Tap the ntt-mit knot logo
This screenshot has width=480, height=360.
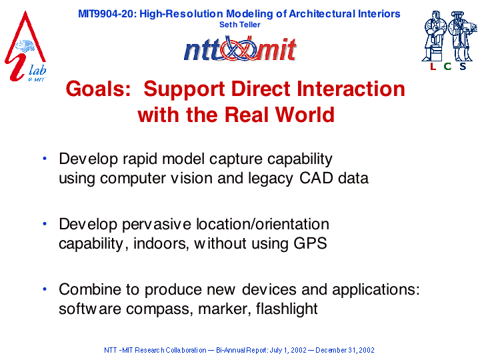pyautogui.click(x=240, y=49)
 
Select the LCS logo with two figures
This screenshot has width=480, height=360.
pyautogui.click(x=449, y=41)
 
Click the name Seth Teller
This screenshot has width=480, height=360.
pyautogui.click(x=240, y=25)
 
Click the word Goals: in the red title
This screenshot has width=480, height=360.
pyautogui.click(x=98, y=89)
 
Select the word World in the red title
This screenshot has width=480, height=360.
pyautogui.click(x=305, y=115)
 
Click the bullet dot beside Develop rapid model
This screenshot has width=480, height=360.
pyautogui.click(x=45, y=159)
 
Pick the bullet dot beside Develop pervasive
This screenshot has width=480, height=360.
pyautogui.click(x=45, y=224)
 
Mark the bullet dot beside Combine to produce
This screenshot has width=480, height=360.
pyautogui.click(x=45, y=289)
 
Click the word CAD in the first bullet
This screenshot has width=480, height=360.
pyautogui.click(x=316, y=178)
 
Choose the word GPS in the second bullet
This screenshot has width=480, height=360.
pyautogui.click(x=310, y=243)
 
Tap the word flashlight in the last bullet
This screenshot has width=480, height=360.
pyautogui.click(x=287, y=309)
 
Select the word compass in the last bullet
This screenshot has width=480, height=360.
pyautogui.click(x=159, y=310)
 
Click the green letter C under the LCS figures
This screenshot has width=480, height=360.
pyautogui.click(x=447, y=66)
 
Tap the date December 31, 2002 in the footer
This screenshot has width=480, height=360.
pyautogui.click(x=345, y=350)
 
